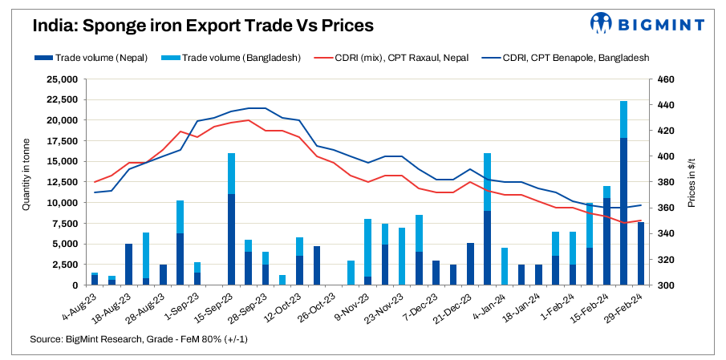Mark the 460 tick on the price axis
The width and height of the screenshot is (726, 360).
667,79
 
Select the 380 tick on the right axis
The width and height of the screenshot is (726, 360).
667,182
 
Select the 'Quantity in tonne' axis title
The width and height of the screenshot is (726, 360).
26,182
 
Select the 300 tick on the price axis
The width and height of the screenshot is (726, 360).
667,285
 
